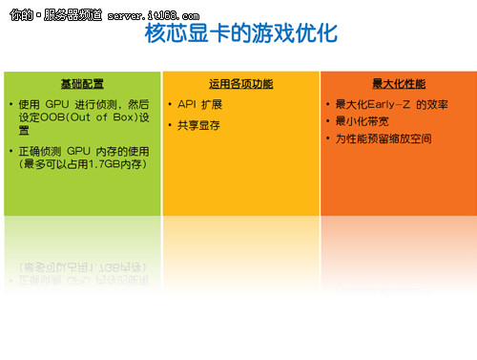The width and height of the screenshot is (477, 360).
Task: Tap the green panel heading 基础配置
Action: [x=81, y=83]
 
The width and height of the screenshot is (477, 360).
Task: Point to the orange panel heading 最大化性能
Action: [x=397, y=83]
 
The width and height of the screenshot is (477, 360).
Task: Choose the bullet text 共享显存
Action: [x=199, y=125]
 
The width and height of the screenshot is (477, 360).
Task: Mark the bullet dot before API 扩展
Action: [x=169, y=103]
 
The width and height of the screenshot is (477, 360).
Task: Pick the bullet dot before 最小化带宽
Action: [x=327, y=121]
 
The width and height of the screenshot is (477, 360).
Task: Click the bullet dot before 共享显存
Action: [x=169, y=125]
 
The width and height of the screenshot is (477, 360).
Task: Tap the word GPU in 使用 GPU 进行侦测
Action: [x=59, y=103]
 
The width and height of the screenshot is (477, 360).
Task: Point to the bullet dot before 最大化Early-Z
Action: [x=327, y=104]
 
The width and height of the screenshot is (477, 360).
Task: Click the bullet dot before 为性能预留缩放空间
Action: [x=327, y=138]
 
